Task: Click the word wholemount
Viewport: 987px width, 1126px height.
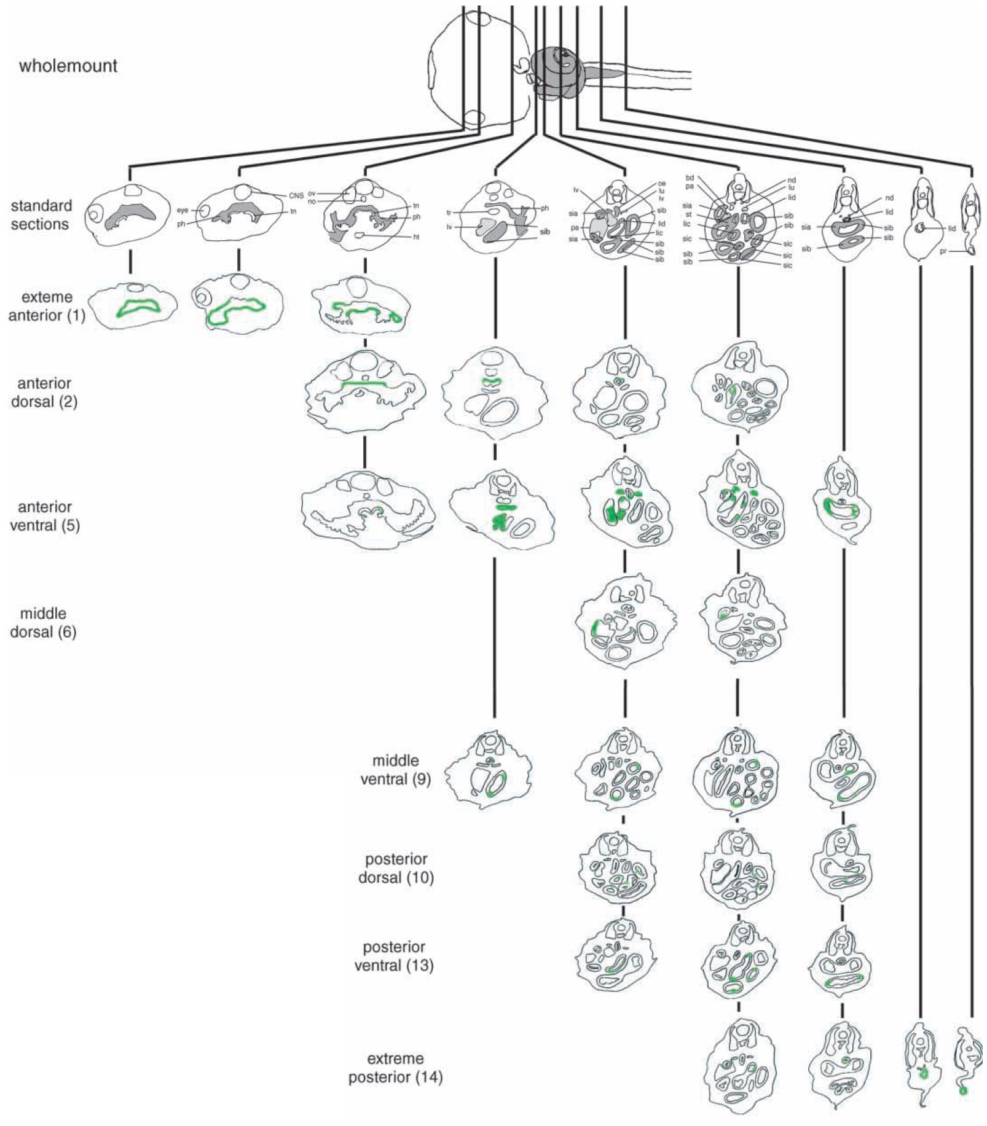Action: coord(68,66)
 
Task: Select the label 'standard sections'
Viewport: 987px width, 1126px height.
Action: coord(41,214)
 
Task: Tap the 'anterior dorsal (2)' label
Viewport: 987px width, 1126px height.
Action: coord(44,392)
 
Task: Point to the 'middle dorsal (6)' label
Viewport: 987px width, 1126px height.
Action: coord(43,622)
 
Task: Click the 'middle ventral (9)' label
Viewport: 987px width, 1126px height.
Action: coord(395,770)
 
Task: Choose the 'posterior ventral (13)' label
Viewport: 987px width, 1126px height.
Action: coord(394,956)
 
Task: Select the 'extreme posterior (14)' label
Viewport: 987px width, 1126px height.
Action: coord(395,1068)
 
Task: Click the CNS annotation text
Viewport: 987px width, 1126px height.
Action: coord(296,196)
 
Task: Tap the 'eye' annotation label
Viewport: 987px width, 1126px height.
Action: coord(183,210)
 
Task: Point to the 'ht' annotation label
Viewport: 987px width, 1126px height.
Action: coord(416,237)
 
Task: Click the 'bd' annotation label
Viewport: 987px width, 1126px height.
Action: coord(690,178)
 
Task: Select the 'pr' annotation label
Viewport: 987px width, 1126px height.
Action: coord(943,251)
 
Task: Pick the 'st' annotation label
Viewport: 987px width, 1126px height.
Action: coord(689,214)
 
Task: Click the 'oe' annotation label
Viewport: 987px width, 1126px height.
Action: coord(661,184)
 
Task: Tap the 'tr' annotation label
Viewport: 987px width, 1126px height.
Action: coord(449,213)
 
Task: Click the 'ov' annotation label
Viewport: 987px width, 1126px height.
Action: coord(312,194)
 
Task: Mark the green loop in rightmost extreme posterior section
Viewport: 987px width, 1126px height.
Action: coord(962,1091)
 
